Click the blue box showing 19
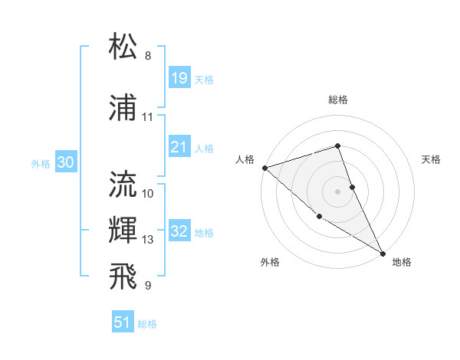(x=179, y=78)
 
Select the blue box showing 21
(x=179, y=147)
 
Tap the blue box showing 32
(x=179, y=231)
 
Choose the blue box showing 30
(x=65, y=162)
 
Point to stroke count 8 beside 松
(x=148, y=56)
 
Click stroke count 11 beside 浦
(x=148, y=117)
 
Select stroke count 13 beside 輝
(x=148, y=240)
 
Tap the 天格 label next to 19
(x=204, y=80)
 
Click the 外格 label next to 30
(x=41, y=164)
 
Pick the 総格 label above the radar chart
(x=337, y=100)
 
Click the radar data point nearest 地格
(x=383, y=253)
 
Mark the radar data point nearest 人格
(x=264, y=167)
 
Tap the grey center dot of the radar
(x=337, y=191)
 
